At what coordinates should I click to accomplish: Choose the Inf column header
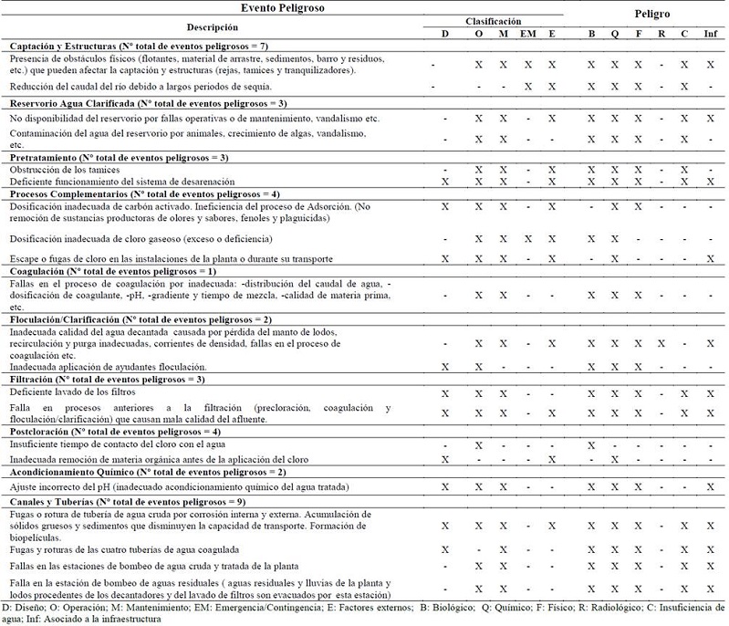[x=710, y=35]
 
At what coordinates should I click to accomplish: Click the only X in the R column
[x=661, y=343]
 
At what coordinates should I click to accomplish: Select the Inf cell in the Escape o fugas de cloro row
[x=710, y=258]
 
